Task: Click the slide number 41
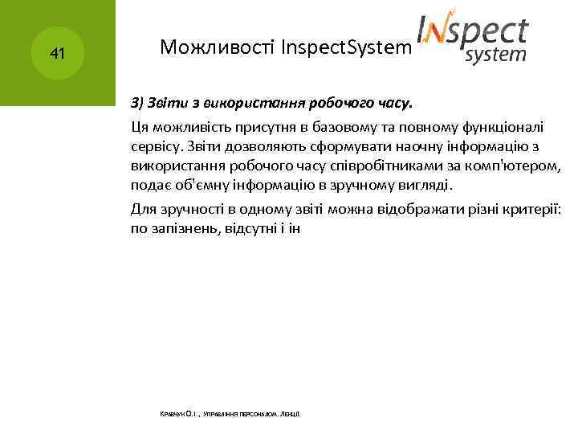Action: click(x=56, y=55)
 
